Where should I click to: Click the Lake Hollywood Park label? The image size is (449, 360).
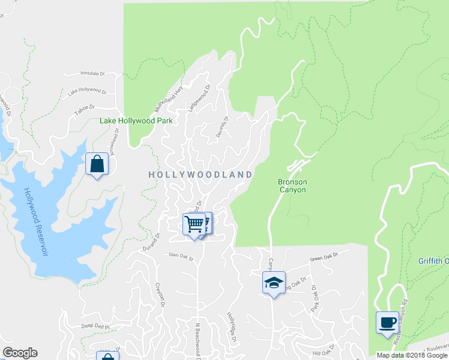(x=136, y=121)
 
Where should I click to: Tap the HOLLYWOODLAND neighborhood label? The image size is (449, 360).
(x=200, y=174)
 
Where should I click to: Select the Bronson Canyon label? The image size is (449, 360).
(x=292, y=186)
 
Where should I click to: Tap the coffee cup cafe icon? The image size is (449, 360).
(x=387, y=322)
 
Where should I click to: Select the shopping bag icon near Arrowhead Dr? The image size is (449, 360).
(x=97, y=164)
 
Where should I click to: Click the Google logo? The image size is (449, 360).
(x=20, y=353)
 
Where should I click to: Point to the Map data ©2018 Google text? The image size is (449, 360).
(x=412, y=355)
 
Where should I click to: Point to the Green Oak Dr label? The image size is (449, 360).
(x=324, y=257)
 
